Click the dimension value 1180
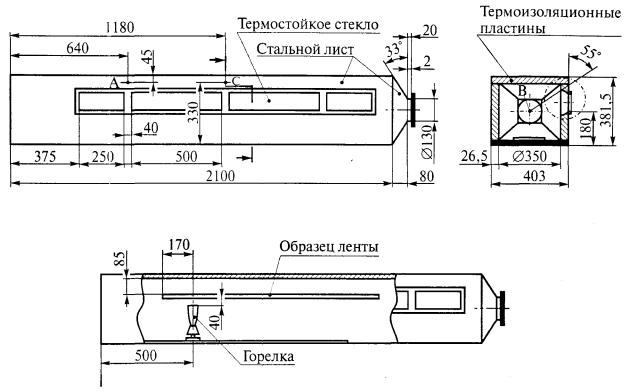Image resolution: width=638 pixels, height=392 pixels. (120, 27)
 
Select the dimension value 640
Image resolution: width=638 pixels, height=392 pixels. (77, 48)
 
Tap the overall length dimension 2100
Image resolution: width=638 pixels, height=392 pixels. (220, 176)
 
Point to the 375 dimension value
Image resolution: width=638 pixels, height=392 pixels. (45, 156)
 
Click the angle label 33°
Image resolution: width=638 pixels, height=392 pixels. (393, 50)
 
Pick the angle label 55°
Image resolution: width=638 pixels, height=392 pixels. (590, 52)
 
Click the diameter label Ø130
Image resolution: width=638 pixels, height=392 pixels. (427, 141)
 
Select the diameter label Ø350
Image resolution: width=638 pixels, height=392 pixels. (529, 156)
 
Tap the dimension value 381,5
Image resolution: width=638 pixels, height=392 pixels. (605, 109)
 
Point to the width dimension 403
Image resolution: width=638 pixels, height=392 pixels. (534, 176)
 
